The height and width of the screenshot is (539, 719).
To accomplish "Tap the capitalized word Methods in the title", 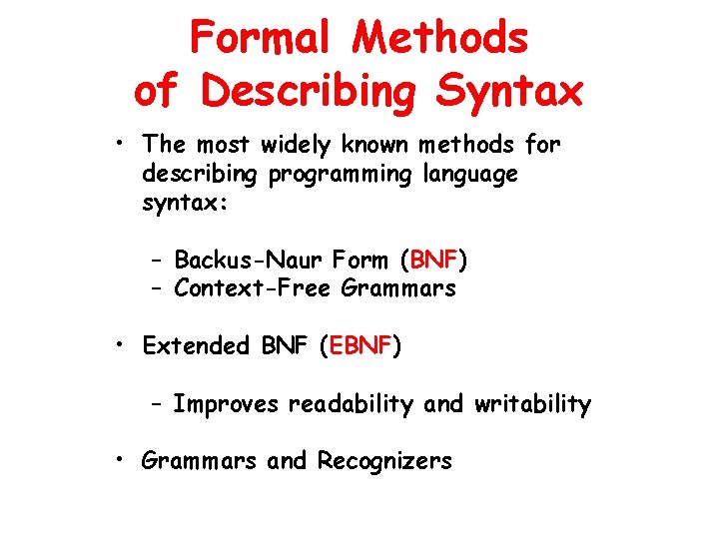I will click(x=440, y=39).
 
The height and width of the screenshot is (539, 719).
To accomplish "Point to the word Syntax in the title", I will click(x=509, y=91).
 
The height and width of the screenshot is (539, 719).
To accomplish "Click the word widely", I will click(x=297, y=145).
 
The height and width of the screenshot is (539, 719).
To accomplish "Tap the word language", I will click(x=468, y=174).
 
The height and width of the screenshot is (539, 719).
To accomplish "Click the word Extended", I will click(x=196, y=346).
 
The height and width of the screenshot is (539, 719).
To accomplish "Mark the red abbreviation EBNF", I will click(x=360, y=346).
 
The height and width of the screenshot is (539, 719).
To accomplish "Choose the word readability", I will click(x=351, y=404).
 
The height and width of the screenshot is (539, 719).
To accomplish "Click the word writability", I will click(x=532, y=404).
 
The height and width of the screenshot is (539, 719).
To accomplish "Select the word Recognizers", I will click(x=384, y=461).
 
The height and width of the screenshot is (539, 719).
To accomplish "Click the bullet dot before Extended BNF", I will click(x=119, y=345).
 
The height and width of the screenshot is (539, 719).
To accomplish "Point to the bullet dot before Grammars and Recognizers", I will click(x=119, y=460).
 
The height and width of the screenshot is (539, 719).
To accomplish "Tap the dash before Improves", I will click(x=158, y=405).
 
